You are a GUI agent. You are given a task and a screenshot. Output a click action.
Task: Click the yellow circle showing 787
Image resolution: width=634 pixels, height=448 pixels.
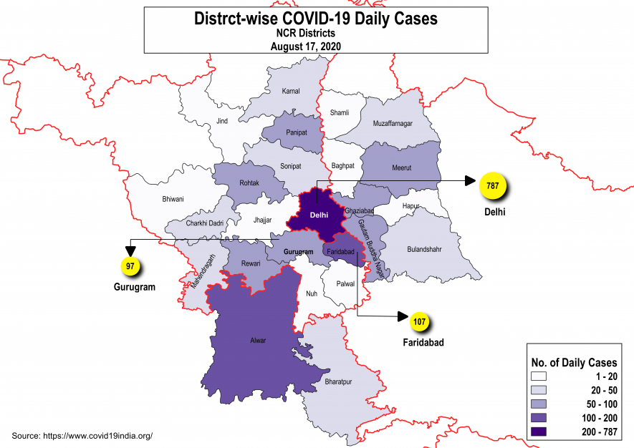pyautogui.click(x=493, y=187)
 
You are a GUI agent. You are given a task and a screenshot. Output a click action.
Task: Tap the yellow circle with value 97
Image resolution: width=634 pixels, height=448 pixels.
pyautogui.click(x=130, y=266)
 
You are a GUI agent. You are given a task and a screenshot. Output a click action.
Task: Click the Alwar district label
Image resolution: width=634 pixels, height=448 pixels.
pyautogui.click(x=257, y=340)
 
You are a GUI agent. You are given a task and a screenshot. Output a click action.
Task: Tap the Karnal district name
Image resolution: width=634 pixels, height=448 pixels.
pyautogui.click(x=291, y=91)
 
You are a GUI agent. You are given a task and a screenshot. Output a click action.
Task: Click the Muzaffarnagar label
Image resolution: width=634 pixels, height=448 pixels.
pyautogui.click(x=393, y=123)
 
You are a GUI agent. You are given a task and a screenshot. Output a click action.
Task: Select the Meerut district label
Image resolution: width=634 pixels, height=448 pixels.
pyautogui.click(x=401, y=168)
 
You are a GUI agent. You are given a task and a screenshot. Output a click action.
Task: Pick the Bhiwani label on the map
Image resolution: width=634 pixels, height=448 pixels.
pyautogui.click(x=173, y=198)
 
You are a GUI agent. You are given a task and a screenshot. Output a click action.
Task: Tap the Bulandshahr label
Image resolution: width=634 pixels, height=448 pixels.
pyautogui.click(x=405, y=250)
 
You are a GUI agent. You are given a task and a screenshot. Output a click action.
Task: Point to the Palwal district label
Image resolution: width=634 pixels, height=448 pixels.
pyautogui.click(x=345, y=283)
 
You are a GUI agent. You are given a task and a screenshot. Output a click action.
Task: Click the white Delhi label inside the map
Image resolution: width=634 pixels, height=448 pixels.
pyautogui.click(x=319, y=214)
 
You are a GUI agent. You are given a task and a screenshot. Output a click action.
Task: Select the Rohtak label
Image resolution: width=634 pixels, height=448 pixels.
pyautogui.click(x=249, y=182)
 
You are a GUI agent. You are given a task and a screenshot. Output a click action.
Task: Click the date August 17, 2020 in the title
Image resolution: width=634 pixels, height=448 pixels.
pyautogui.click(x=305, y=46)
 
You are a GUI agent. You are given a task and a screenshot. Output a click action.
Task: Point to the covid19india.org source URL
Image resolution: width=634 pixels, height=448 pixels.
pyautogui.click(x=98, y=435)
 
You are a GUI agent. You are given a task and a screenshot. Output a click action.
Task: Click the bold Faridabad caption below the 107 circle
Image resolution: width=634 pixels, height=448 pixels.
pyautogui.click(x=423, y=343)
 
